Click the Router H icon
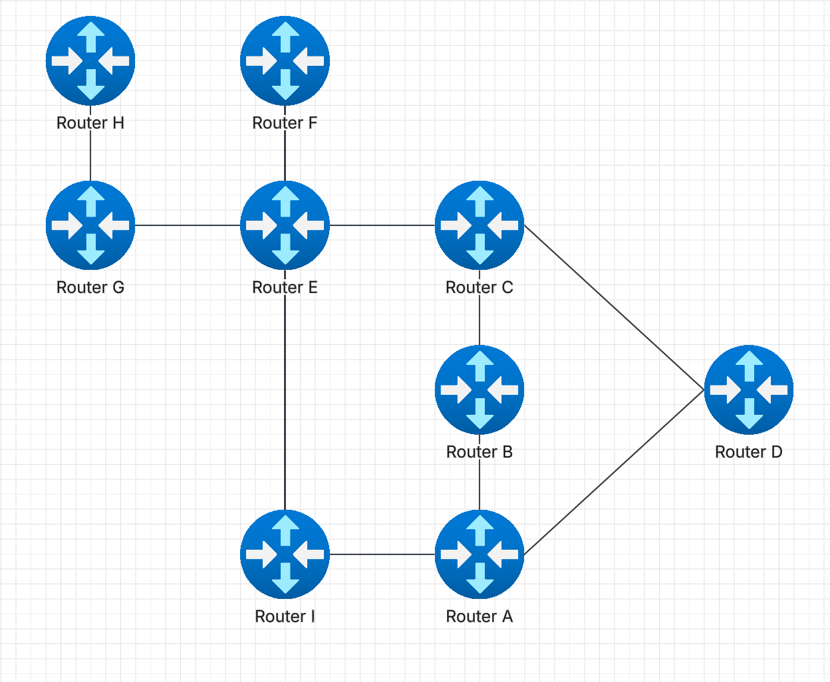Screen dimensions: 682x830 click(x=90, y=60)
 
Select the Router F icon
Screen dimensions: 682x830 click(x=285, y=60)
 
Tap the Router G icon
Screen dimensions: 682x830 click(x=90, y=225)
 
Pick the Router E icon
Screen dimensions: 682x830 click(x=285, y=225)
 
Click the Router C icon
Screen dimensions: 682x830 click(x=480, y=225)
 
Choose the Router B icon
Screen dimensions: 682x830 click(x=480, y=390)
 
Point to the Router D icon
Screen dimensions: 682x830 click(x=749, y=390)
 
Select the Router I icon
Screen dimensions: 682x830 click(x=285, y=554)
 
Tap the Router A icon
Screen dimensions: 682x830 click(x=480, y=554)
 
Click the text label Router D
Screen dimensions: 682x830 click(x=748, y=452)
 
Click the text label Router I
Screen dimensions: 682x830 click(x=285, y=617)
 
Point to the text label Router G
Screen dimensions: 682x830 click(x=90, y=287)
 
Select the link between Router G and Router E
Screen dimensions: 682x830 click(x=188, y=225)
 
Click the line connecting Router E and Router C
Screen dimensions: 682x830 click(x=382, y=225)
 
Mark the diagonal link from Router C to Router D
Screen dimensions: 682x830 click(x=613, y=306)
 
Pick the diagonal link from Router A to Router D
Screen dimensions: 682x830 click(x=613, y=473)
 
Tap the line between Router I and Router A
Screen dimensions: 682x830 click(x=382, y=554)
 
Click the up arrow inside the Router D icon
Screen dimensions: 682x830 click(x=749, y=366)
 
